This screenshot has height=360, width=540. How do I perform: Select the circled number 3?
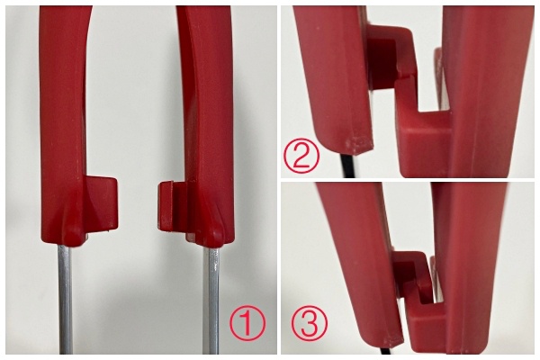(310, 324)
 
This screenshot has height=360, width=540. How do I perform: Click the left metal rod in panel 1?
(66, 299)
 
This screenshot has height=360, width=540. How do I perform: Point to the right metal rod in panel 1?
(211, 301)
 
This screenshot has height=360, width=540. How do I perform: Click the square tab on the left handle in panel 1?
(102, 203)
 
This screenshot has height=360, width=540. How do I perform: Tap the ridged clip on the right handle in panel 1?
(172, 206)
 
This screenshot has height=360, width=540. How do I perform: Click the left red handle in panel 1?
(64, 124)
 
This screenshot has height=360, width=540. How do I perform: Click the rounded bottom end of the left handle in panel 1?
(73, 237)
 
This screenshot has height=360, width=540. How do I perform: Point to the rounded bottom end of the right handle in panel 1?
(210, 238)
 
